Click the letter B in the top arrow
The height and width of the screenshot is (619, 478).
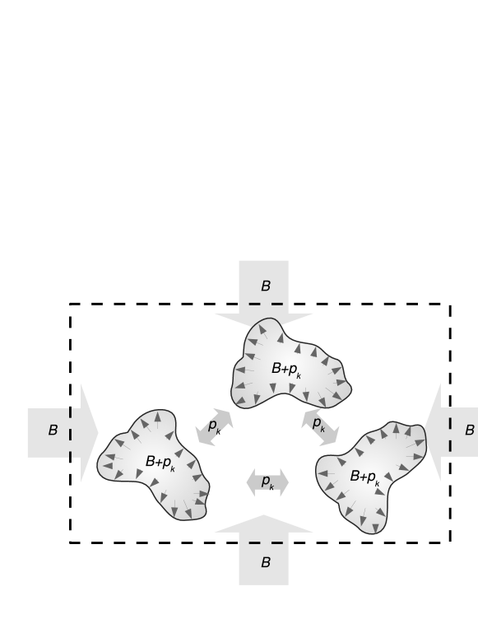(265, 286)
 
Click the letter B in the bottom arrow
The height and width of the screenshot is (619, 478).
(265, 563)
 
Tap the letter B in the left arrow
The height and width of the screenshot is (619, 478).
(53, 431)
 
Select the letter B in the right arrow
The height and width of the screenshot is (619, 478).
(469, 431)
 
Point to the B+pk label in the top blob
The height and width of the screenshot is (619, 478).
(286, 370)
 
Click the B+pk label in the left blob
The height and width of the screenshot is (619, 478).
(160, 463)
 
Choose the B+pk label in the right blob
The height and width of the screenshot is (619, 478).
(364, 477)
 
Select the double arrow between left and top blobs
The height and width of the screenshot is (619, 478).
(214, 427)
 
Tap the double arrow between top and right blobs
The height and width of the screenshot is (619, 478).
(319, 427)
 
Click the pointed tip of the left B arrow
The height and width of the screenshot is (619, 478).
(97, 432)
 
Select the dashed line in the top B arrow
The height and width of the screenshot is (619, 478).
(265, 304)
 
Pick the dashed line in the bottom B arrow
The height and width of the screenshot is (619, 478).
(265, 543)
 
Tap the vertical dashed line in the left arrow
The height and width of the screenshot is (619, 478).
(71, 432)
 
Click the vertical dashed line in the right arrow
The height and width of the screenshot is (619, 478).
(450, 434)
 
